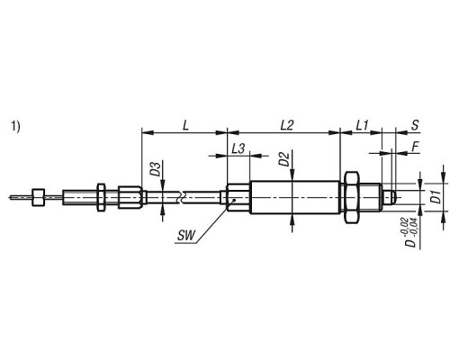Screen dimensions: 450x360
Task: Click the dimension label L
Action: point(185,125)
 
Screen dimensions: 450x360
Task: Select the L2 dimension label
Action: point(287,125)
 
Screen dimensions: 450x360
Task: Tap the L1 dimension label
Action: point(362,125)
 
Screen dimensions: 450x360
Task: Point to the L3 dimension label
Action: point(238,148)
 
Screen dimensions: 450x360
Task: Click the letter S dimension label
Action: point(415,125)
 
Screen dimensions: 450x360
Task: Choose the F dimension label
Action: point(415,147)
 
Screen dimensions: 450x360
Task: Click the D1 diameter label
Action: point(437,196)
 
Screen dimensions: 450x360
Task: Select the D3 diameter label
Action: point(155,169)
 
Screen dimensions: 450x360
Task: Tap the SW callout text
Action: point(186,236)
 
